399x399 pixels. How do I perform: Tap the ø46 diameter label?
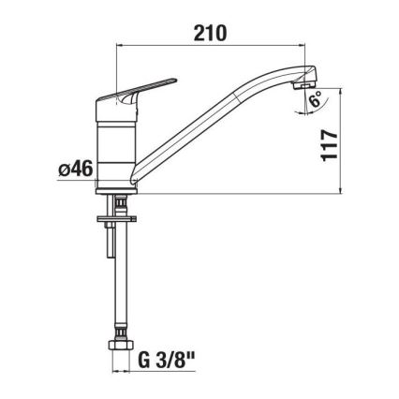click(x=74, y=170)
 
